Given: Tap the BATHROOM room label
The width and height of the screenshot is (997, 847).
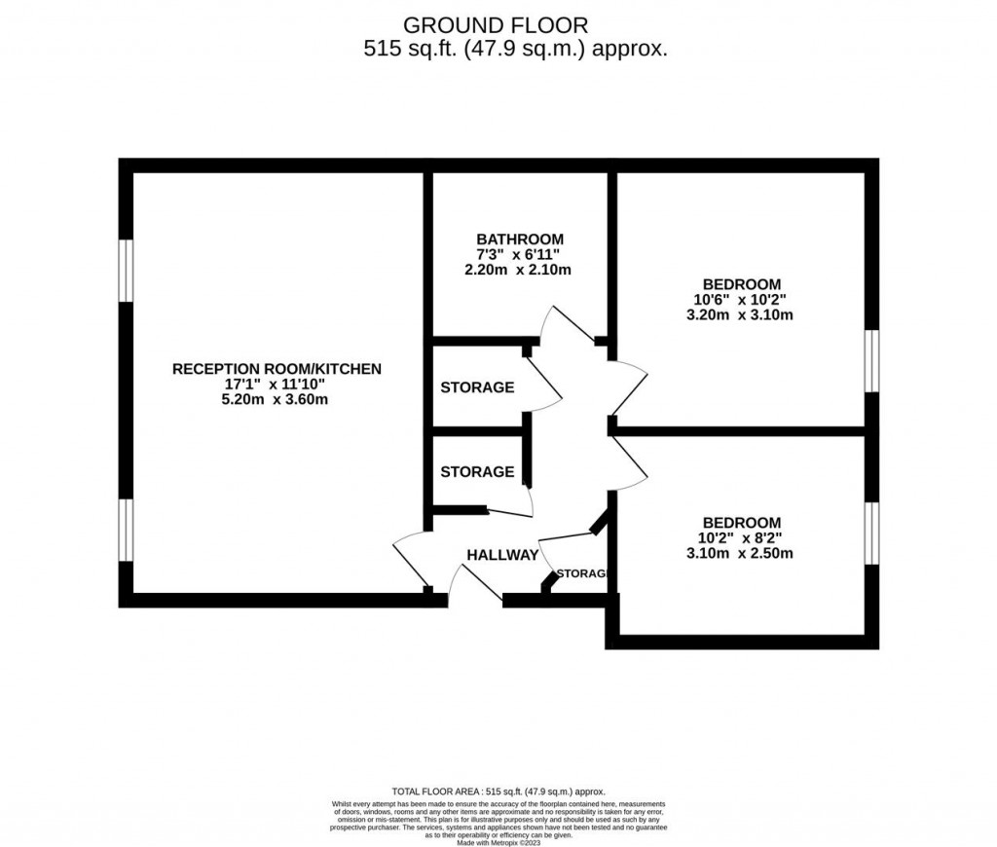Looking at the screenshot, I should click(519, 239).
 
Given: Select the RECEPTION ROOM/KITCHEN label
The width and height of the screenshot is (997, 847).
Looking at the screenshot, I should click(277, 369).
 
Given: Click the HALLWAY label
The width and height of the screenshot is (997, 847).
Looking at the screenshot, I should click(502, 555).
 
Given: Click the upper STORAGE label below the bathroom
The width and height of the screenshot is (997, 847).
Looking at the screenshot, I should click(477, 387).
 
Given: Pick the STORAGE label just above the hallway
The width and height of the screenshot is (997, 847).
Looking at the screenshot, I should click(477, 472).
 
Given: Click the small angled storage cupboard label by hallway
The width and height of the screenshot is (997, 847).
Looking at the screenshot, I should click(583, 572).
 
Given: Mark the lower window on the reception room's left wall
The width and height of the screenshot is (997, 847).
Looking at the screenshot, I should click(126, 531).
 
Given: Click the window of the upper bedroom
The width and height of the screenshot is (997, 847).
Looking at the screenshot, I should click(871, 361).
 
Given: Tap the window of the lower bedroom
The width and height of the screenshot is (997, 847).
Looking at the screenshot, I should click(871, 533).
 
